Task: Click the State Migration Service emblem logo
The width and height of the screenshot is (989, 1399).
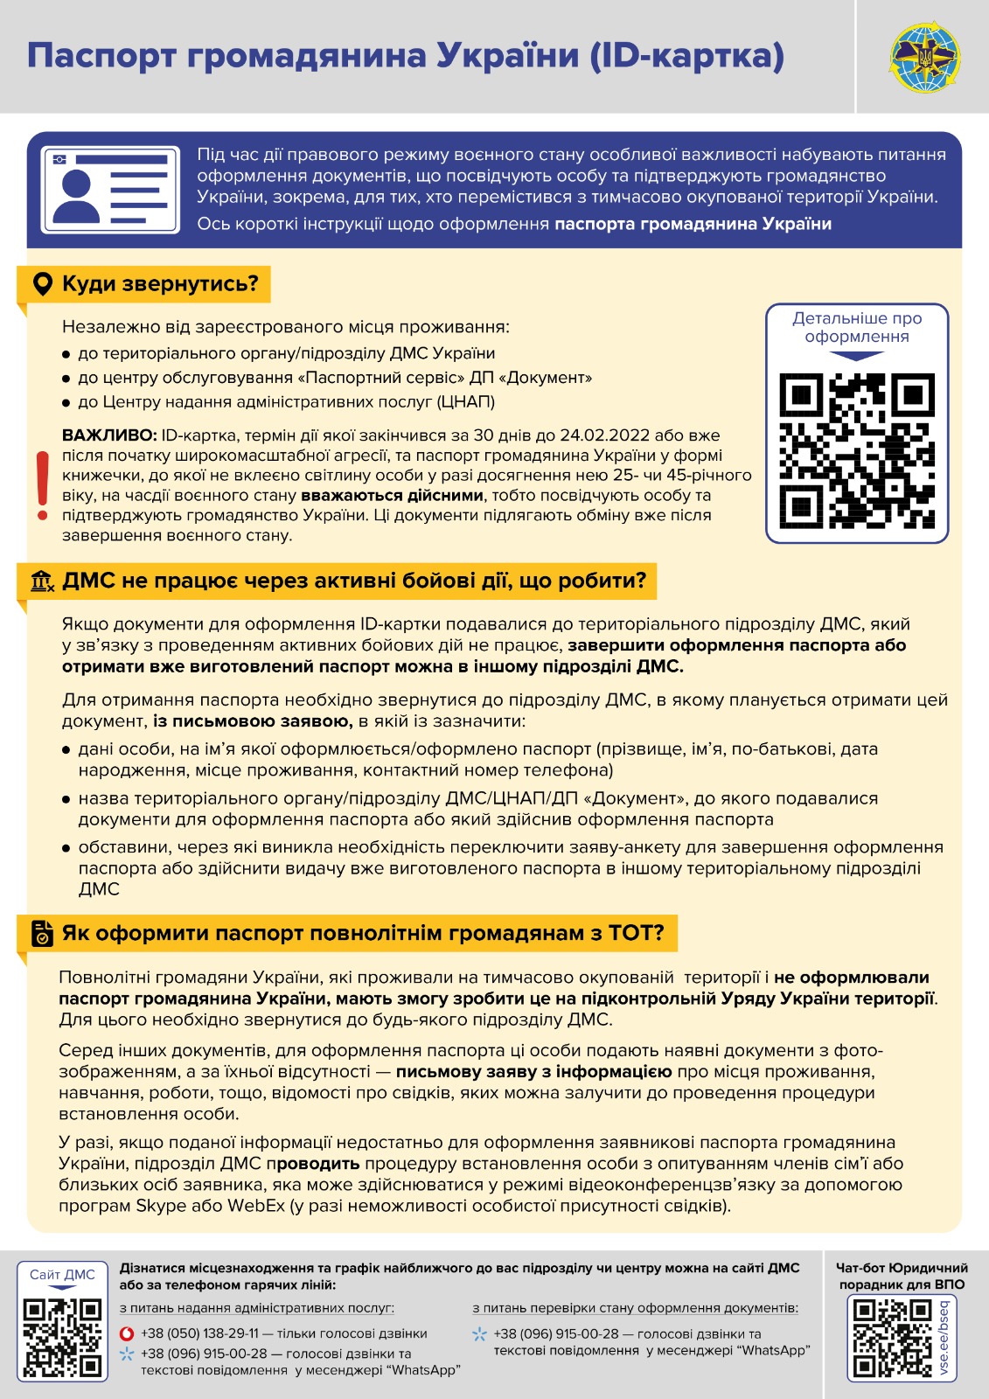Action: pyautogui.click(x=923, y=58)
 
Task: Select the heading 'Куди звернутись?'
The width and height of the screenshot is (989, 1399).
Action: pyautogui.click(x=160, y=284)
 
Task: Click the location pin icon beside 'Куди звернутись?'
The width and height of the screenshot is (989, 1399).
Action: pyautogui.click(x=42, y=284)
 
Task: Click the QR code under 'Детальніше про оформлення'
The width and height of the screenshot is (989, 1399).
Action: pyautogui.click(x=856, y=451)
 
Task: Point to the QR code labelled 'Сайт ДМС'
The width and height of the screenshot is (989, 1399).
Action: pyautogui.click(x=62, y=1337)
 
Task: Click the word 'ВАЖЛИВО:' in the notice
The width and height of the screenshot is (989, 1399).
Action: pyautogui.click(x=109, y=435)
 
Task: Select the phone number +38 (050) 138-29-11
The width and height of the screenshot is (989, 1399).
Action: pyautogui.click(x=199, y=1333)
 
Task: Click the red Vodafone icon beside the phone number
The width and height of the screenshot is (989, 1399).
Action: pyautogui.click(x=127, y=1333)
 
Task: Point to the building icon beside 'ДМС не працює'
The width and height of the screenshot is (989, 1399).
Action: pyautogui.click(x=42, y=581)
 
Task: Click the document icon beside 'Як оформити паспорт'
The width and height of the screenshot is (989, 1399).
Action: pyautogui.click(x=42, y=933)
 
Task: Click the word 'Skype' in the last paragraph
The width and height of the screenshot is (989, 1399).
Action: pyautogui.click(x=160, y=1206)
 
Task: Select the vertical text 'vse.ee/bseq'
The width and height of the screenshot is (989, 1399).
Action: pyautogui.click(x=944, y=1338)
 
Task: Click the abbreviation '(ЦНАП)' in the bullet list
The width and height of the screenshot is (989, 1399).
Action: pyautogui.click(x=466, y=402)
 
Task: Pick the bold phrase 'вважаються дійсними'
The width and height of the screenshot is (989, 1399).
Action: pyautogui.click(x=392, y=496)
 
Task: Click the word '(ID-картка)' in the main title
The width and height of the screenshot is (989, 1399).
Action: pyautogui.click(x=686, y=56)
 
